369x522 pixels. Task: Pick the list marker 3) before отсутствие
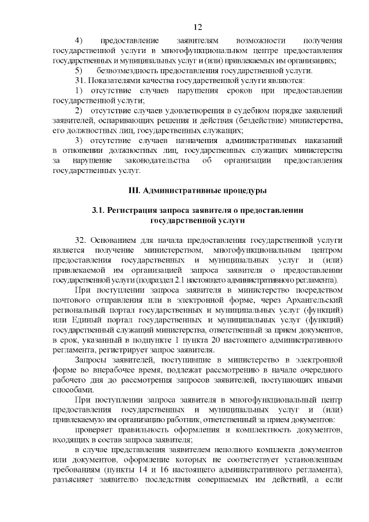tap(80, 140)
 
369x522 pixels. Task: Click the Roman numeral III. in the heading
tap(134, 190)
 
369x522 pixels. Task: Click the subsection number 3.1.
tap(99, 210)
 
